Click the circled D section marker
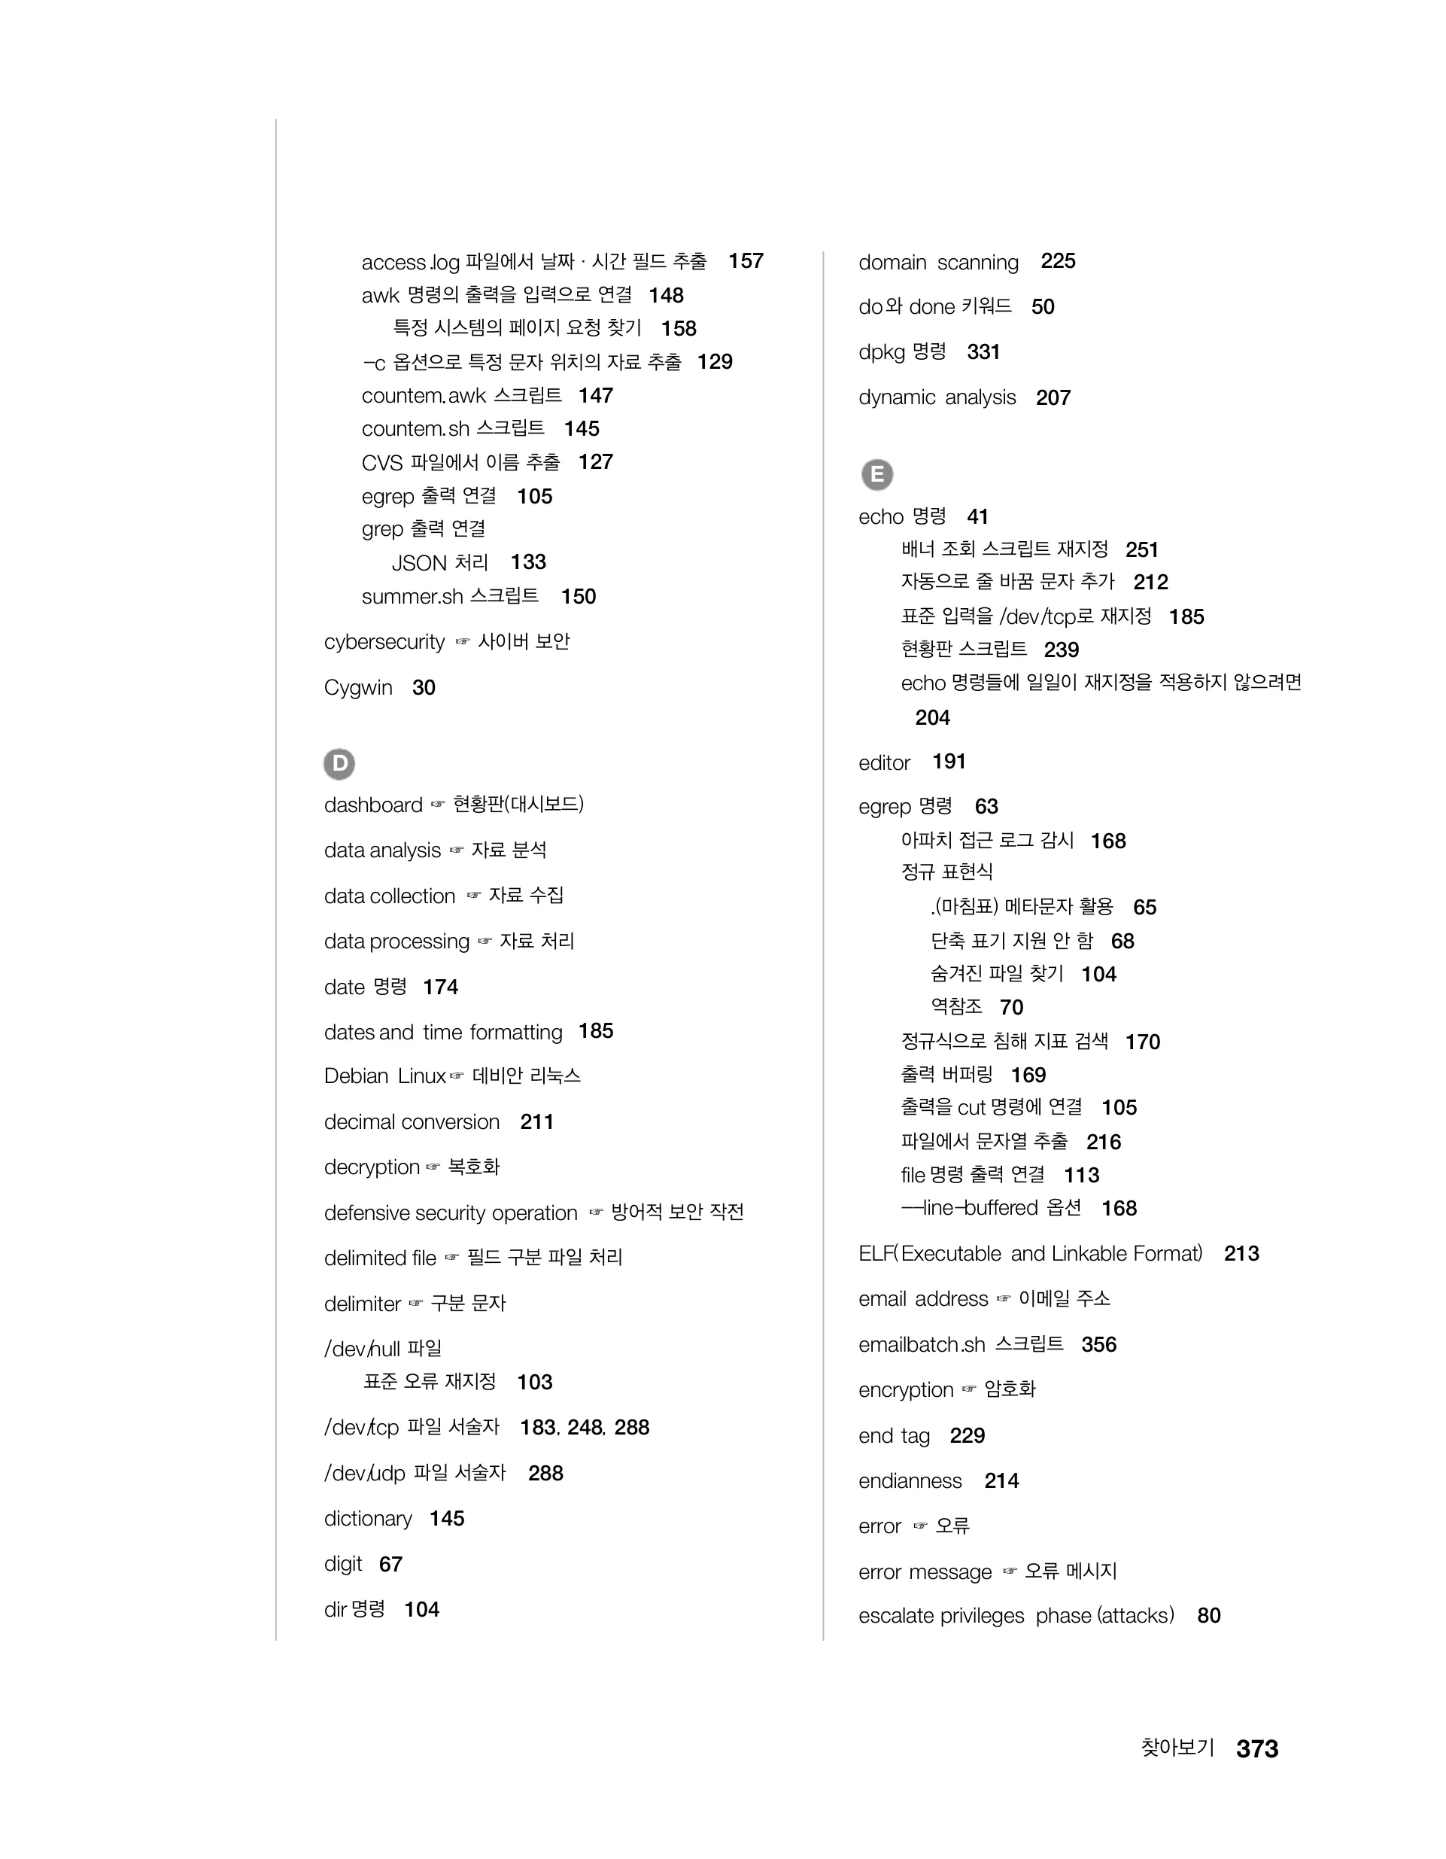coord(339,763)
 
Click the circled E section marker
coord(876,474)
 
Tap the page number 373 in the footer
coord(1256,1748)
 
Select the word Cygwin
coord(358,688)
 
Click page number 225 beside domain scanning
coord(1058,261)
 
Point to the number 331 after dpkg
coord(983,352)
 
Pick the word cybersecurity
coord(384,642)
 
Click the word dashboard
coord(372,805)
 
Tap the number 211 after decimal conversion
coord(536,1122)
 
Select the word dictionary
coord(368,1519)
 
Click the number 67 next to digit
coord(390,1565)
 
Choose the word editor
coord(884,762)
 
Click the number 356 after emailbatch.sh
coord(1098,1345)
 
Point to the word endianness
coord(910,1481)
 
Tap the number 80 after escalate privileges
coord(1208,1616)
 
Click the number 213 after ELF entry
coord(1241,1254)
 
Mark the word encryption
coord(906,1390)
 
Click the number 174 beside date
coord(440,987)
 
